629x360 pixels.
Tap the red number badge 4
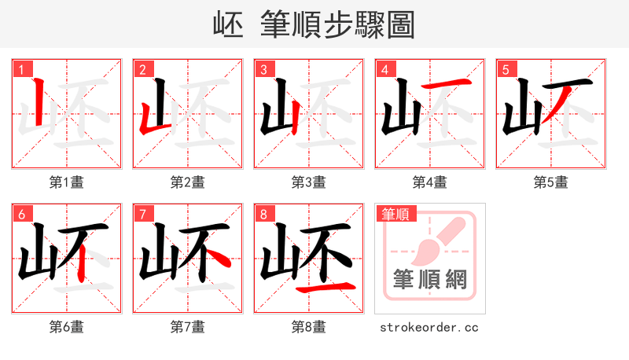(x=384, y=69)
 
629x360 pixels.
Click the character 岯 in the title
(x=227, y=24)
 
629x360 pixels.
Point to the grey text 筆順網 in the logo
(x=429, y=280)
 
